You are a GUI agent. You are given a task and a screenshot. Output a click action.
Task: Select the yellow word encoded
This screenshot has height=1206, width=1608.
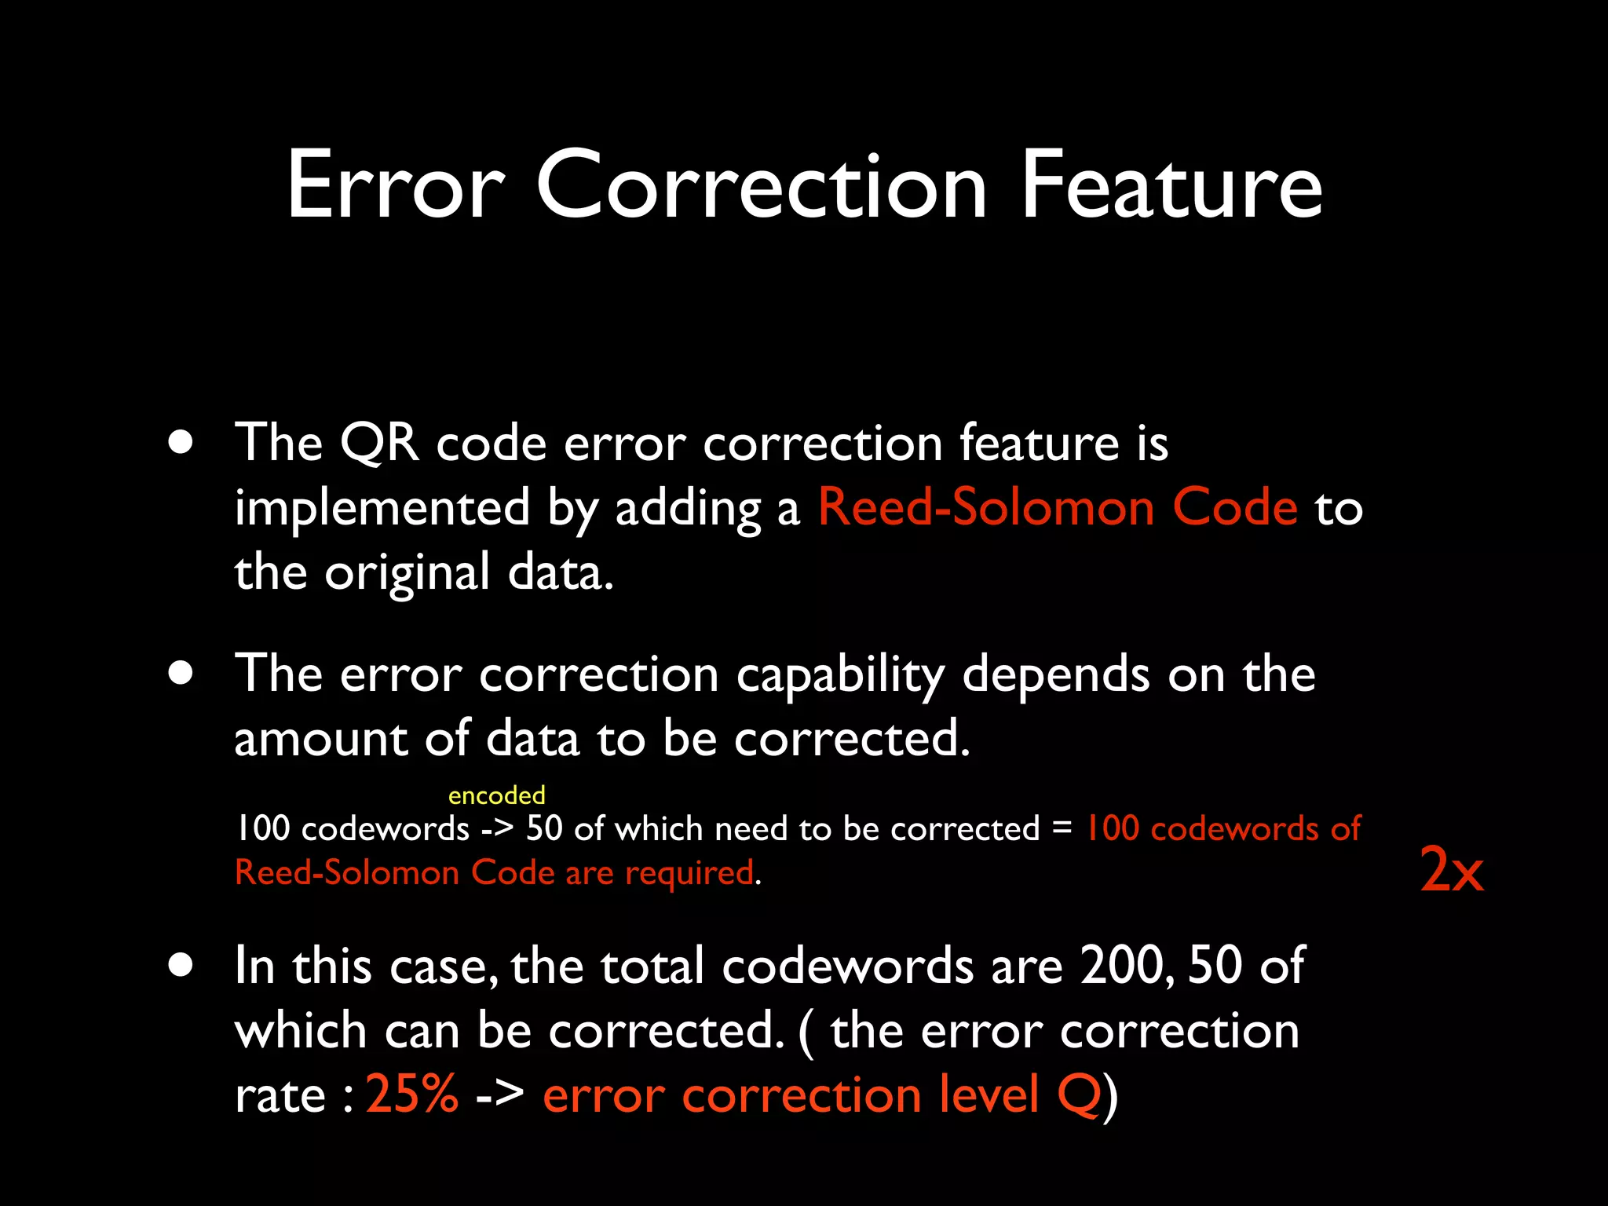pos(496,795)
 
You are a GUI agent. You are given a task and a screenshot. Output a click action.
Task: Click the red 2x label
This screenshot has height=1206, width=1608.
pos(1452,870)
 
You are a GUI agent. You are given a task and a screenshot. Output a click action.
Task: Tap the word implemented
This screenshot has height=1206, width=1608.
pos(382,507)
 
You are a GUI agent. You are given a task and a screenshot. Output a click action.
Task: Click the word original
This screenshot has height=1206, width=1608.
pos(407,573)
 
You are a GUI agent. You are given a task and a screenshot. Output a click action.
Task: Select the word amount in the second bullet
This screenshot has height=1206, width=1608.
pos(320,739)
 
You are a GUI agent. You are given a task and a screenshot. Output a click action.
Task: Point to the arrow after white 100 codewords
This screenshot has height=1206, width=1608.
pos(498,829)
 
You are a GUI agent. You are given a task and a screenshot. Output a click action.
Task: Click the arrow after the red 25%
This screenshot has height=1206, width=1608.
pos(500,1094)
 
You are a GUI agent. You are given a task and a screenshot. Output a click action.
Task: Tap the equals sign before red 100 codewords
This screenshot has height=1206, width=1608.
pos(1062,828)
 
